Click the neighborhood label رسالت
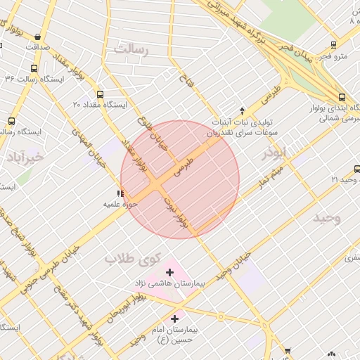(132, 49)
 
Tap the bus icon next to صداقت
(37, 37)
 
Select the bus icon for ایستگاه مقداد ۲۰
(100, 94)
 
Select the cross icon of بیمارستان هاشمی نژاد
(169, 271)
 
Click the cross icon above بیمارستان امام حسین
(174, 319)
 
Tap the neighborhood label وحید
(327, 218)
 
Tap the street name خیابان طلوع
(153, 131)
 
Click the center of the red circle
(180, 179)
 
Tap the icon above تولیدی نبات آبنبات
(243, 110)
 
